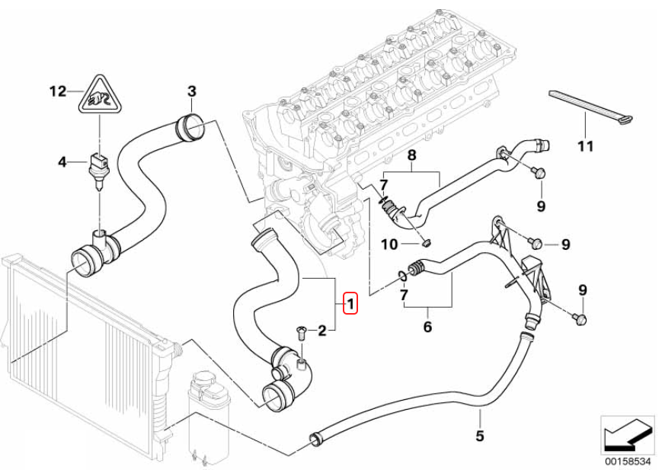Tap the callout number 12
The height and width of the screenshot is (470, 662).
tap(58, 92)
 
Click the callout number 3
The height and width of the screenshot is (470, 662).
tap(192, 92)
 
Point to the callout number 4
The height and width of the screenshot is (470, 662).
tap(63, 161)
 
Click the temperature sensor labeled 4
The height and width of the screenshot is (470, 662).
tap(97, 165)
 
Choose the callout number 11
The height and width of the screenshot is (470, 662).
tap(584, 145)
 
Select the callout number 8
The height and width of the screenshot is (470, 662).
tap(411, 156)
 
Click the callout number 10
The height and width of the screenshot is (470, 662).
tap(389, 245)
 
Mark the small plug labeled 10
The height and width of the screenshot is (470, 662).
tap(427, 243)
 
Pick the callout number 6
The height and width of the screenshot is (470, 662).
tap(427, 327)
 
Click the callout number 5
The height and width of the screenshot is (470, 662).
tap(479, 436)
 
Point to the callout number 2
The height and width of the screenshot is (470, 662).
tap(322, 330)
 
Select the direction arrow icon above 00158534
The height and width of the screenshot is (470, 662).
tap(626, 436)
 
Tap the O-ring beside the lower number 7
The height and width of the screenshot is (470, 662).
tap(401, 274)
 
